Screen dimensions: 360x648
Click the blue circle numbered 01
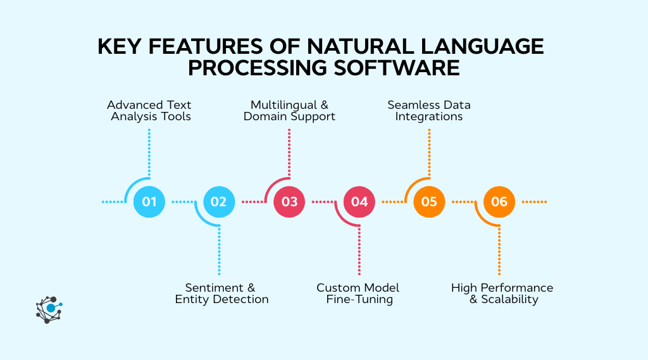pyautogui.click(x=149, y=202)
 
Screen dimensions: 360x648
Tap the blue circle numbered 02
pyautogui.click(x=219, y=202)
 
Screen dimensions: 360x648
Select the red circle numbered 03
pyautogui.click(x=289, y=202)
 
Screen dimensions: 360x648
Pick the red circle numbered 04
pyautogui.click(x=359, y=202)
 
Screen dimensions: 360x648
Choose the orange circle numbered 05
pyautogui.click(x=429, y=202)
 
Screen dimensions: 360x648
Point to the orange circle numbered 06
pyautogui.click(x=499, y=202)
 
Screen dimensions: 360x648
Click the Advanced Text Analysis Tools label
pyautogui.click(x=149, y=111)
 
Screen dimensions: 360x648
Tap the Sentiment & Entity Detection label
pyautogui.click(x=221, y=294)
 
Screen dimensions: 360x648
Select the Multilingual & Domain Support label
pyautogui.click(x=289, y=111)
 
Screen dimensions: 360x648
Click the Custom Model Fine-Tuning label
pyautogui.click(x=358, y=294)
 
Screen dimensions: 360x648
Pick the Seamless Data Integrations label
pyautogui.click(x=429, y=111)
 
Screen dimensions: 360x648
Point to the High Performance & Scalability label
pyautogui.click(x=502, y=294)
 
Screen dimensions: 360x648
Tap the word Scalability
pyautogui.click(x=509, y=299)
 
